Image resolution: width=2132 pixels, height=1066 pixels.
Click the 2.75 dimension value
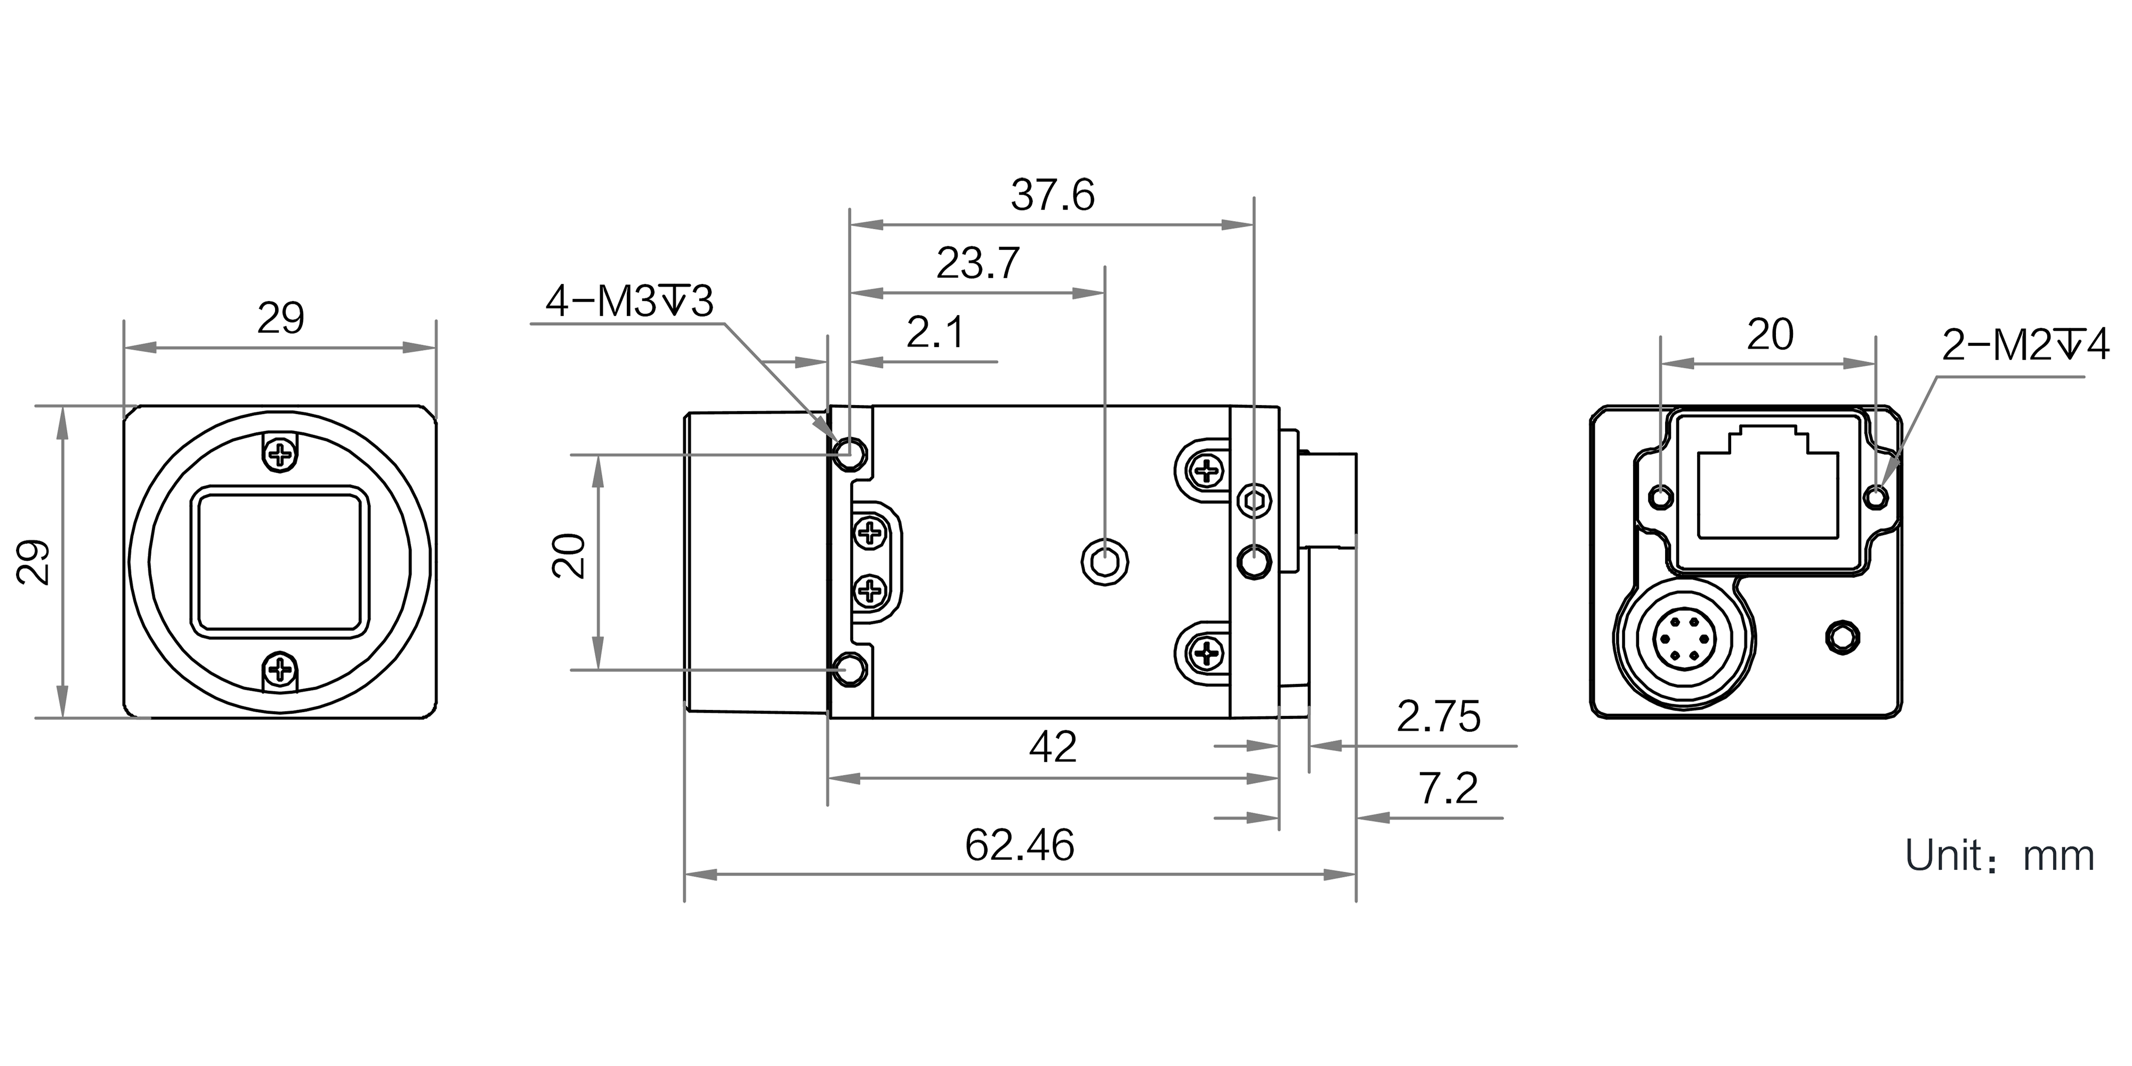tap(1438, 717)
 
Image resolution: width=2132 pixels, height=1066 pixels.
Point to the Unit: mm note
tap(1999, 857)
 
